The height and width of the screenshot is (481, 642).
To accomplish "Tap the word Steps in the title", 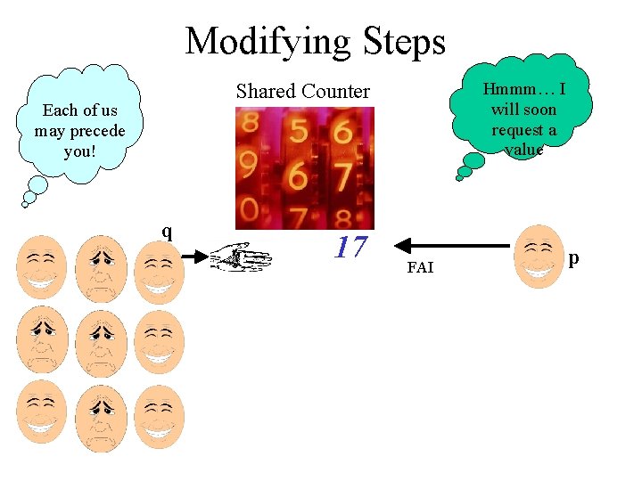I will coord(404,41).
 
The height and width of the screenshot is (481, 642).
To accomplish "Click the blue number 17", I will coord(350,247).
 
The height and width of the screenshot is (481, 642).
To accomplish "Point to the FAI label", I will coord(419,267).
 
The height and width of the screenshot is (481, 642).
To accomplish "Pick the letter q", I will coord(167,232).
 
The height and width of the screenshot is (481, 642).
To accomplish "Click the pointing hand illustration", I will coord(241,256).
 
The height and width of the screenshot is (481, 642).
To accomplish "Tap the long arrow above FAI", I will coord(455,244).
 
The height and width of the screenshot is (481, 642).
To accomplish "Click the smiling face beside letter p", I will coord(540,257).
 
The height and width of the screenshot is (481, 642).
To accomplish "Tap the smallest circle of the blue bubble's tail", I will coord(25,204).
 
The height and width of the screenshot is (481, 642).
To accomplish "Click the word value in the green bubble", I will coord(523,150).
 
